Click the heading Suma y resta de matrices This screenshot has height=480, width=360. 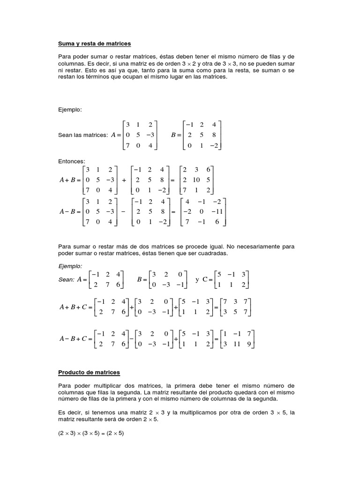point(94,44)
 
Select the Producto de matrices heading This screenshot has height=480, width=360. point(89,373)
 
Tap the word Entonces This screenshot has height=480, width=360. point(71,161)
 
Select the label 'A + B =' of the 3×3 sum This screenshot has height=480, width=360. point(70,180)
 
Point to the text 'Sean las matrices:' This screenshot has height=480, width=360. point(83,135)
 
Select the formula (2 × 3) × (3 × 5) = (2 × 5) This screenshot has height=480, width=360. point(91,433)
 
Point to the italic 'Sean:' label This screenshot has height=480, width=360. point(67,280)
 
